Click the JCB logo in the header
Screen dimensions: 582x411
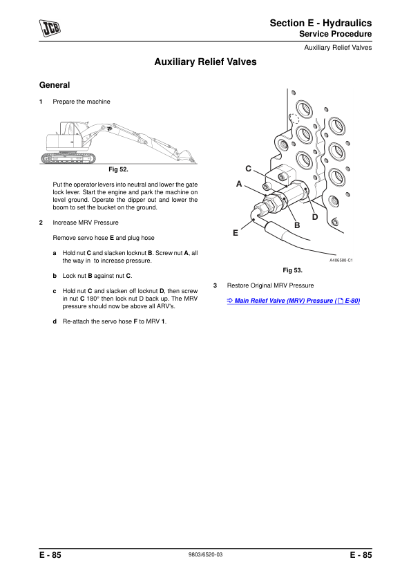[49, 28]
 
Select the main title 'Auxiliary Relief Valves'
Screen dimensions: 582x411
[205, 62]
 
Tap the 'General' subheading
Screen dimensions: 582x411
[55, 85]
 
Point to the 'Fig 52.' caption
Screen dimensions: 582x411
[119, 169]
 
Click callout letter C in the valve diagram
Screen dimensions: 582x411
[248, 169]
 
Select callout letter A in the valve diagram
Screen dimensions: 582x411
[239, 185]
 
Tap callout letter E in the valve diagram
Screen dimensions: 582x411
[235, 233]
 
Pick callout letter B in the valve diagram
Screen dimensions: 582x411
[297, 225]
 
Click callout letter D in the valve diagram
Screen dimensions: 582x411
[314, 217]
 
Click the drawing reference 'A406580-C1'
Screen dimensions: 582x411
[341, 260]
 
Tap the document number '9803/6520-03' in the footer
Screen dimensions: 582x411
[205, 555]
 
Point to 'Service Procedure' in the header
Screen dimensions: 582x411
[335, 34]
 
